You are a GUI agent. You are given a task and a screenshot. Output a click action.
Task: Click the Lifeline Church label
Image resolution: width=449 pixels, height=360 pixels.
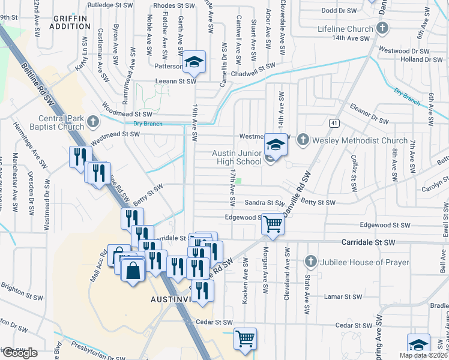point(346,29)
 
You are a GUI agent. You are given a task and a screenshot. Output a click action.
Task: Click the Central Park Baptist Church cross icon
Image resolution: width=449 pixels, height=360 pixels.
point(92,122)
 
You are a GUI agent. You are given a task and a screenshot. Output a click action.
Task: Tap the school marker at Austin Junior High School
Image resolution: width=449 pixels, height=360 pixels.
point(276,145)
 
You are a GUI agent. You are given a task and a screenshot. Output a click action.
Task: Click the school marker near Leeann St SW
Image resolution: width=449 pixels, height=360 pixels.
point(194,61)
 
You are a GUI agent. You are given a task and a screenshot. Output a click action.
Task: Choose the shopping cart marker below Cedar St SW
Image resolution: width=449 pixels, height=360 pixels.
point(245,338)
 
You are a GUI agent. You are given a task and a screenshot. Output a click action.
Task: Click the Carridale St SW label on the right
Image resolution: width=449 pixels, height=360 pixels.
point(368,242)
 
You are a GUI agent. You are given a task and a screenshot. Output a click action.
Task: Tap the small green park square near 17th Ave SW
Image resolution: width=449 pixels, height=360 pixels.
point(239,181)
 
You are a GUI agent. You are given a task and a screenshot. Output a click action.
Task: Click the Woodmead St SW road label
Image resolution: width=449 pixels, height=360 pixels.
point(127,113)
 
